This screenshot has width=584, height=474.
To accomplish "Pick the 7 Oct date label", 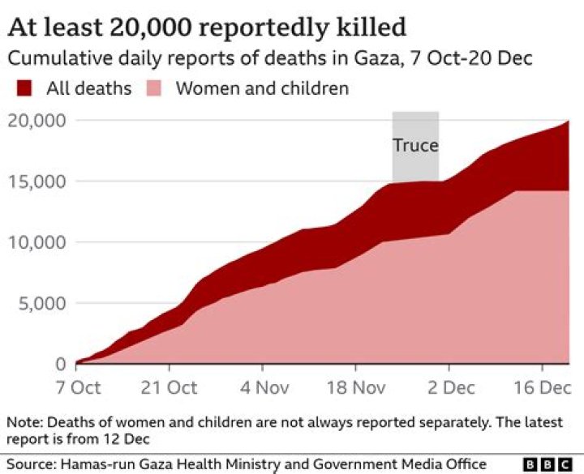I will coord(77,387).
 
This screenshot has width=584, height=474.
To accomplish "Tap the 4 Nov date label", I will coord(263,387).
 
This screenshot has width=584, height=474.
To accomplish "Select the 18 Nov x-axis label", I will coord(354,387).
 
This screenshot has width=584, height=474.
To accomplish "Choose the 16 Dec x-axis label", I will coord(539,387).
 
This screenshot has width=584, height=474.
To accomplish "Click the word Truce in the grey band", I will coord(415,146).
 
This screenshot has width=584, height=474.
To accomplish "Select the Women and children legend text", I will coord(261,88).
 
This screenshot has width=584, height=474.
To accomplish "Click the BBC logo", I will coord(548,463).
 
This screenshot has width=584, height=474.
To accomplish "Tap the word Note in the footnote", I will coord(23,422).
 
